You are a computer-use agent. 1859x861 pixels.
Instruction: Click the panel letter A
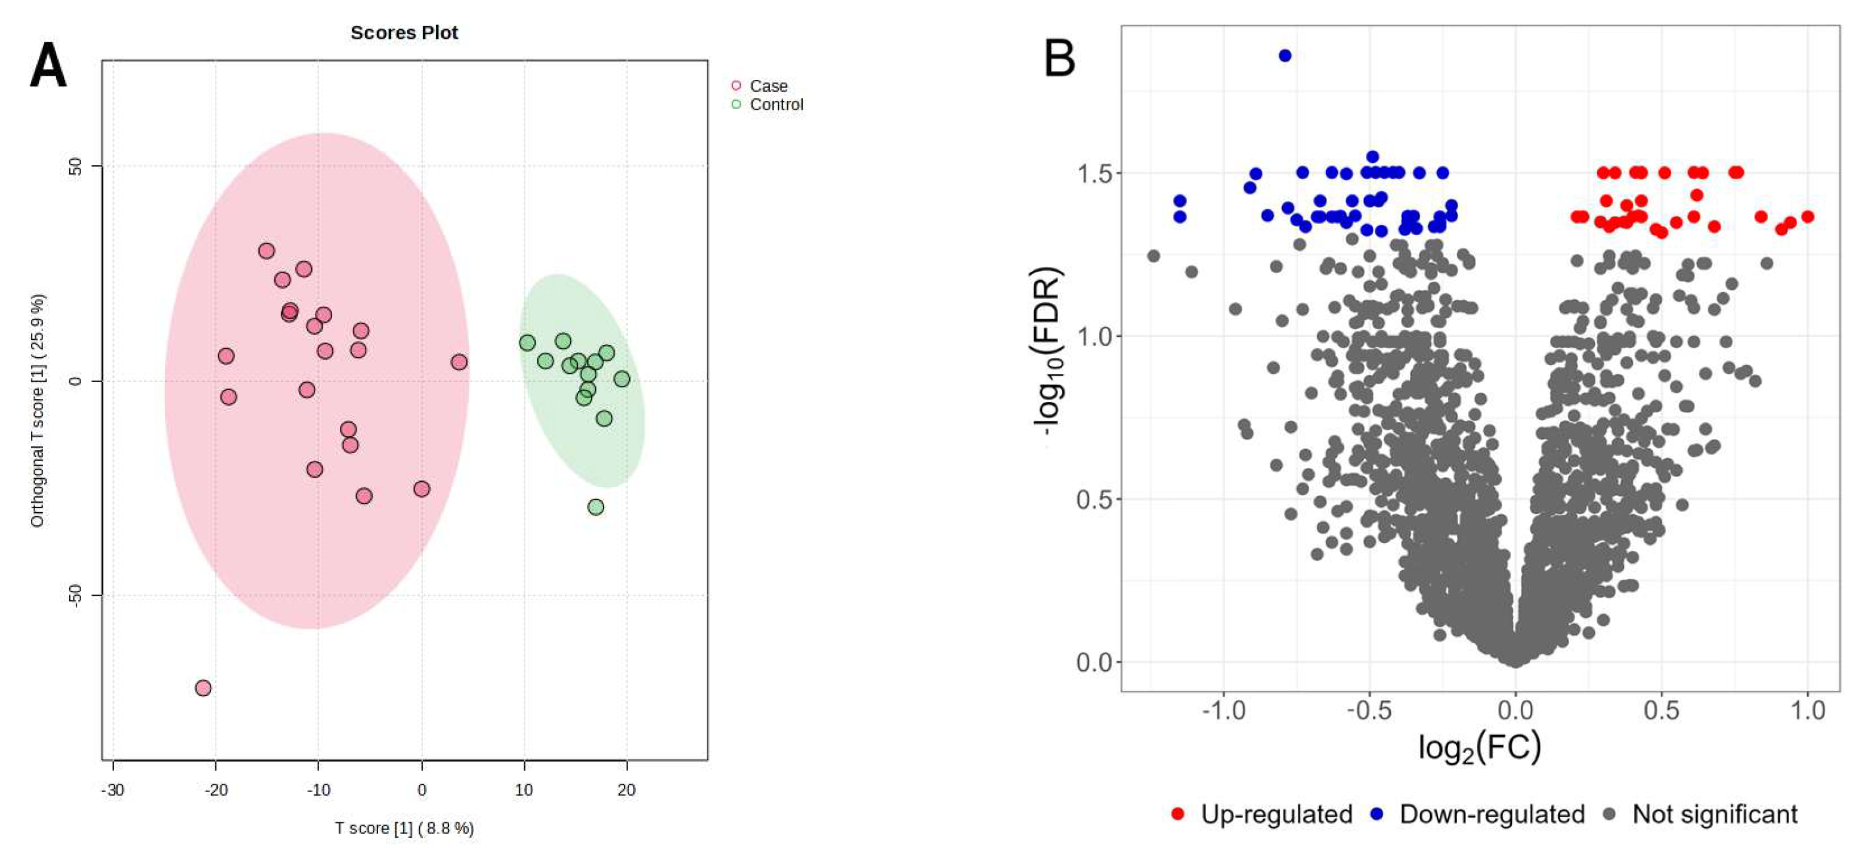pyautogui.click(x=48, y=66)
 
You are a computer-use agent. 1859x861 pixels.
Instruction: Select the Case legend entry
pyautogui.click(x=768, y=86)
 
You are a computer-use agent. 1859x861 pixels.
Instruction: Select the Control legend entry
pyautogui.click(x=776, y=105)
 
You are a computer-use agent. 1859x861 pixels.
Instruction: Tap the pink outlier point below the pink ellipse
pyautogui.click(x=203, y=688)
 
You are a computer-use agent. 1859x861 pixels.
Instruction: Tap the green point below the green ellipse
pyautogui.click(x=596, y=507)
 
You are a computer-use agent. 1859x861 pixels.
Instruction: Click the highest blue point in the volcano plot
pyautogui.click(x=1285, y=55)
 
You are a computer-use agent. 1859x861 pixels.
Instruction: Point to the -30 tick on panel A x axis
pyautogui.click(x=113, y=790)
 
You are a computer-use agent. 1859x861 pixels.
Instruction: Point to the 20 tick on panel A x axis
pyautogui.click(x=626, y=790)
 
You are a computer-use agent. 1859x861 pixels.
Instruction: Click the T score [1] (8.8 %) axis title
pyautogui.click(x=404, y=828)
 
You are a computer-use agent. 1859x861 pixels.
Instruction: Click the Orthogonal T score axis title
pyautogui.click(x=38, y=410)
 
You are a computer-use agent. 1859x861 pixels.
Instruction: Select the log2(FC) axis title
pyautogui.click(x=1480, y=748)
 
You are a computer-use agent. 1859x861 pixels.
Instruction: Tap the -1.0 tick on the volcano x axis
pyautogui.click(x=1224, y=710)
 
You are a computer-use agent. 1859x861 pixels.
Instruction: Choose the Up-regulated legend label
pyautogui.click(x=1276, y=814)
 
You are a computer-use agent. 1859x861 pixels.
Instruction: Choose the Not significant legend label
pyautogui.click(x=1715, y=814)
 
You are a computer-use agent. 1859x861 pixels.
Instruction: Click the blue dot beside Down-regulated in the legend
pyautogui.click(x=1378, y=814)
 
